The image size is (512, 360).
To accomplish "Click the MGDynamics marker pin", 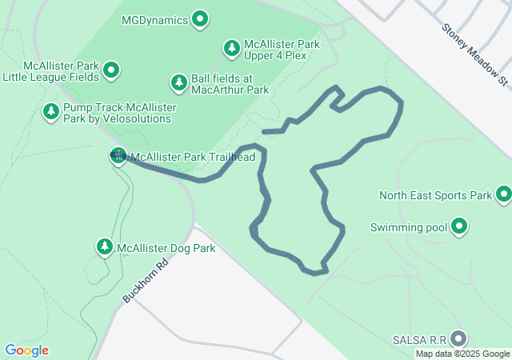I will coord(200,18).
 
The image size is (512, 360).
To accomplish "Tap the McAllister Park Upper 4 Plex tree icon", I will coord(232,48).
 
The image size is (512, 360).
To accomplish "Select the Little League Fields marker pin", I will coord(112,70).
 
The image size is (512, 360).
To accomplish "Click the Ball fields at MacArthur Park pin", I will coord(178,82).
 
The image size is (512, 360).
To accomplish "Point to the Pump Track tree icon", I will coord(51,110).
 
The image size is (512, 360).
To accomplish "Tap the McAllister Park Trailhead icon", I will coord(118,156).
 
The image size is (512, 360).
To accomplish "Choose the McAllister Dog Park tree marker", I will coord(104,247).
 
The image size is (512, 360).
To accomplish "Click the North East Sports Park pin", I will coord(504,194).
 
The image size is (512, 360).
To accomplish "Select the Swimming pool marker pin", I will coord(459,227).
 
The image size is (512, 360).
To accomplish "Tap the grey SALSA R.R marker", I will coord(458,338).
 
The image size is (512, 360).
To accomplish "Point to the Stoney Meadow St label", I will coord(474,54).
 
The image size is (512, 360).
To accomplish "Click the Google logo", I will coord(26,350).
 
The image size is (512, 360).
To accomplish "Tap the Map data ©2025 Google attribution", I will coord(462,354).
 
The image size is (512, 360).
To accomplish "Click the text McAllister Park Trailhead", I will coord(192,157).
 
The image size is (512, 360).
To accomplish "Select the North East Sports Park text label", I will coord(434,194).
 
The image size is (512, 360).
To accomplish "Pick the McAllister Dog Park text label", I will coord(166,248).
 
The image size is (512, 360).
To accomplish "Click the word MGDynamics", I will coord(154,18).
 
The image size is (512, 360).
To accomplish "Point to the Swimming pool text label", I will coord(408,227).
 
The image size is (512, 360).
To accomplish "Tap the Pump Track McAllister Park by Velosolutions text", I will coord(118,112).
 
